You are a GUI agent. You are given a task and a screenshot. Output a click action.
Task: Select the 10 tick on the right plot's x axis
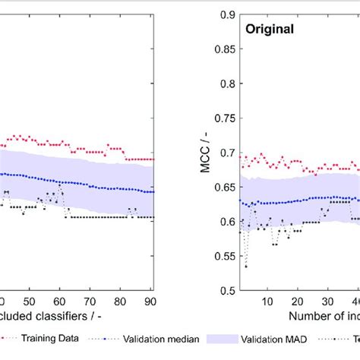[x=267, y=302]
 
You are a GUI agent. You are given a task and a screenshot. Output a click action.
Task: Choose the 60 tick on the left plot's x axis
[x=60, y=302]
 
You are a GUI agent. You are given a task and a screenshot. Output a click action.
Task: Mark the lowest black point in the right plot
[x=246, y=267]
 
